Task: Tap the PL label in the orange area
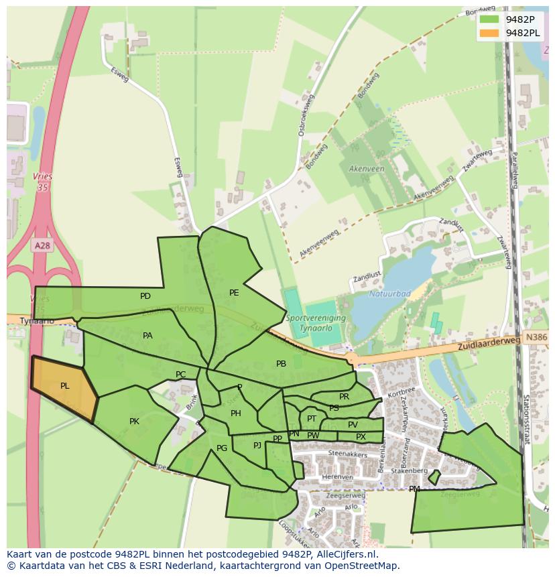tap(65, 386)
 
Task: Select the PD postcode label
tap(145, 296)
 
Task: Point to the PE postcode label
tap(234, 293)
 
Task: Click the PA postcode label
tap(148, 336)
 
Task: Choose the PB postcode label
tap(281, 364)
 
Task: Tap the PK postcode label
tap(134, 422)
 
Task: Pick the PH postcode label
tap(236, 413)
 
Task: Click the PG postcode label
tap(222, 448)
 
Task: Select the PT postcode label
tap(312, 419)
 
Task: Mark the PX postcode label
tap(361, 437)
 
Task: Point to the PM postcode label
tap(414, 489)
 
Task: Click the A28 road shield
tap(42, 246)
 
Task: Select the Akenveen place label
tap(367, 169)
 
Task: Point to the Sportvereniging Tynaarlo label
tap(315, 323)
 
